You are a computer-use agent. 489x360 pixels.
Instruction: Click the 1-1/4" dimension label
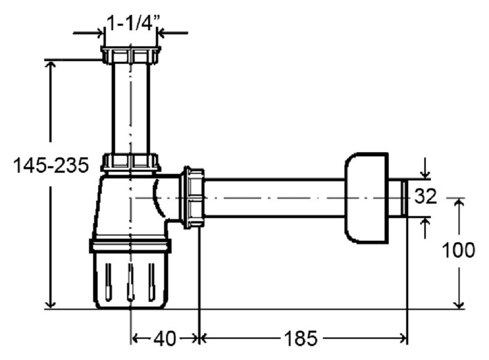133,23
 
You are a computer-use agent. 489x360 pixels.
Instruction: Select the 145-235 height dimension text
51,165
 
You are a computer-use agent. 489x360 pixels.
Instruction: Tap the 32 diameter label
425,196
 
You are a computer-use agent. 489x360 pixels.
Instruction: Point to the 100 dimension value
459,250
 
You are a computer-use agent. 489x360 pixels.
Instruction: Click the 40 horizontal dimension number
165,338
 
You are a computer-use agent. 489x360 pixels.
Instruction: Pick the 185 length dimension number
300,338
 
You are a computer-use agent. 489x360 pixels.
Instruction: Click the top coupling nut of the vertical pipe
131,55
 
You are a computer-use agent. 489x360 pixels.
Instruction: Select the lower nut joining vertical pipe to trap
131,162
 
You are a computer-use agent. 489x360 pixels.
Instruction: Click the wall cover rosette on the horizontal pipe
367,198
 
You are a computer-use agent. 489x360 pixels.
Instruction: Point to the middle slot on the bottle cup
131,282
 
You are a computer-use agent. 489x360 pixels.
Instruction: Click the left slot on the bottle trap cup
108,282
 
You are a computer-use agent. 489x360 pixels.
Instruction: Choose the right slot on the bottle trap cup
152,282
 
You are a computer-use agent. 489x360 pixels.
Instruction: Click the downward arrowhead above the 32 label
425,175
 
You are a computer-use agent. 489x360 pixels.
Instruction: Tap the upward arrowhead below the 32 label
425,221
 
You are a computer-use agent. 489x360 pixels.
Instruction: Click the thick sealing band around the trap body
130,245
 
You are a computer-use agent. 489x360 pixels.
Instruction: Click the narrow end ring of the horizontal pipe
404,198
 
